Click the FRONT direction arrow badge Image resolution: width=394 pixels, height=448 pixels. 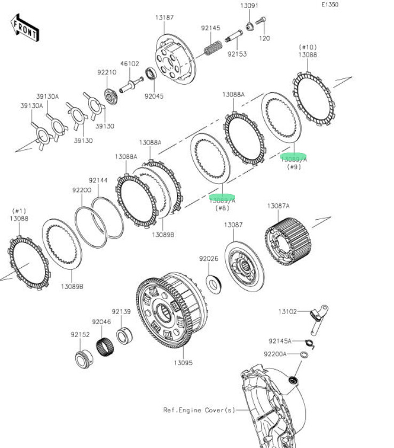pos(25,27)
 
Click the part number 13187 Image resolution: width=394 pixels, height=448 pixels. pos(164,18)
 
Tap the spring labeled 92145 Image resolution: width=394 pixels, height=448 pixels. pos(212,48)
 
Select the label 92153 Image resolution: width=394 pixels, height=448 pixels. pos(237,54)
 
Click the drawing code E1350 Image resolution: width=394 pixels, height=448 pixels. pos(329,4)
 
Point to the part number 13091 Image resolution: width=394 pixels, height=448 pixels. pos(249,6)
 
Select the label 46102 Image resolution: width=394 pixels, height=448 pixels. pos(129,63)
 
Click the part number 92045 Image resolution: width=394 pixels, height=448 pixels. pos(154,97)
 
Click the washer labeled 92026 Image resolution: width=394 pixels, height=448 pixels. pos(215,283)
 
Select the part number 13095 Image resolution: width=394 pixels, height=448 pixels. pos(183,363)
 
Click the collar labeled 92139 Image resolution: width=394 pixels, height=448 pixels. pos(124,335)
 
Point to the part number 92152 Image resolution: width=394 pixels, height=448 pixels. pos(80,335)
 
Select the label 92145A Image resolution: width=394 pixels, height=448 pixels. pos(280,341)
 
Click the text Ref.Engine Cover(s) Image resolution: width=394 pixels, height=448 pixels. pos(199,410)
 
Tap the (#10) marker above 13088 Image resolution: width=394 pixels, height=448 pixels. pos(308,47)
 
